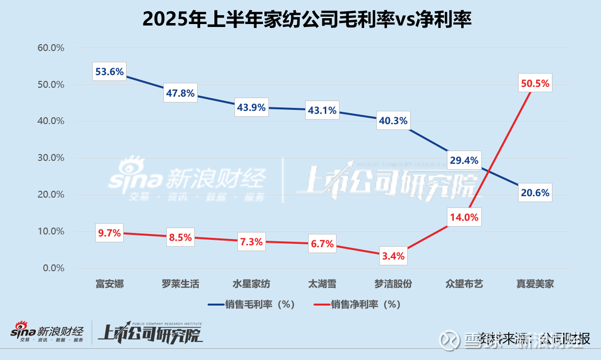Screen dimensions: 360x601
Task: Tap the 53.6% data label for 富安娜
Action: tap(109, 72)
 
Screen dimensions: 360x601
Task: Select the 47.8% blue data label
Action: tap(180, 93)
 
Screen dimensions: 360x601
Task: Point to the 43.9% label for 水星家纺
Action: tap(251, 107)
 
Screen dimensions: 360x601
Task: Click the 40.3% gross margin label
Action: tap(392, 120)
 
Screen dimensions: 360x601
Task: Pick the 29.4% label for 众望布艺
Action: tap(463, 160)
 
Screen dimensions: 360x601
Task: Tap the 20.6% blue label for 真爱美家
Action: tap(535, 193)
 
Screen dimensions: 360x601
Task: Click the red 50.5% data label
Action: tap(535, 83)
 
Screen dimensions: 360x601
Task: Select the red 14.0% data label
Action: tap(463, 217)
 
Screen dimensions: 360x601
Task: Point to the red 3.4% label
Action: tap(392, 256)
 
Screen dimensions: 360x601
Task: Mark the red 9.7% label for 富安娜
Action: tap(109, 233)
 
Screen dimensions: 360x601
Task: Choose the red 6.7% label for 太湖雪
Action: tap(321, 244)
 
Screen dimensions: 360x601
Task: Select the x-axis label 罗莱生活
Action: tap(180, 284)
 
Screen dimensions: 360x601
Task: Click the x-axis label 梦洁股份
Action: tap(392, 284)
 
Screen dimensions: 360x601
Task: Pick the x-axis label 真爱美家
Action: tap(535, 284)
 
